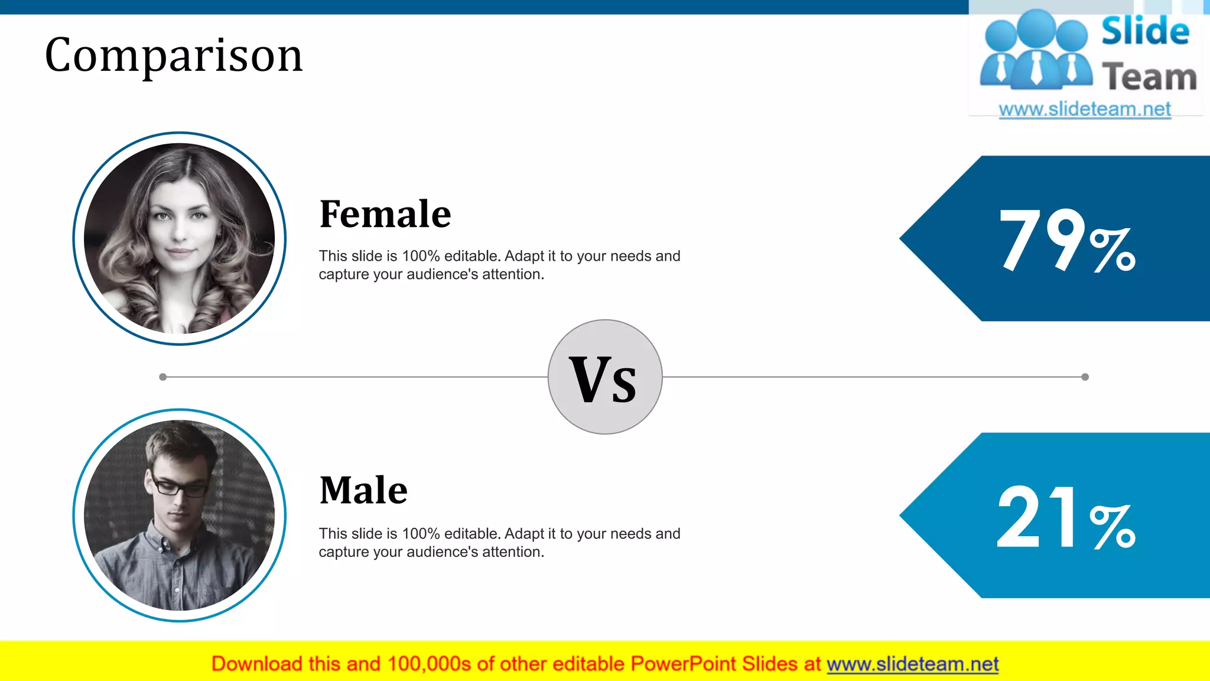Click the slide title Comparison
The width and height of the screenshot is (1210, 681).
(174, 55)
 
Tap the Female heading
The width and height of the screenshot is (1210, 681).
(385, 214)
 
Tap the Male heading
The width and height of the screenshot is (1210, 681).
(363, 491)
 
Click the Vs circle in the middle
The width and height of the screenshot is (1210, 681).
(604, 377)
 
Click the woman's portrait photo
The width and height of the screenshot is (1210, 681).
(179, 238)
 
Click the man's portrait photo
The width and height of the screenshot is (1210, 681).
(179, 515)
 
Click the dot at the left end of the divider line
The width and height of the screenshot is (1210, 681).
(163, 377)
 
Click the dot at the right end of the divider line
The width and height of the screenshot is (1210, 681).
(1085, 377)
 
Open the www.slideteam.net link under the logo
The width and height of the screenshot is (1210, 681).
(1084, 109)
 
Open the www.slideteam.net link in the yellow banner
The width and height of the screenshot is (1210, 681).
(912, 664)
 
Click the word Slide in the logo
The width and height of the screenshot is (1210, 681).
(1144, 32)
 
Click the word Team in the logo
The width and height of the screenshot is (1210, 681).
(1149, 77)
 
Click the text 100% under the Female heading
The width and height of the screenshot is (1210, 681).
(421, 257)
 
